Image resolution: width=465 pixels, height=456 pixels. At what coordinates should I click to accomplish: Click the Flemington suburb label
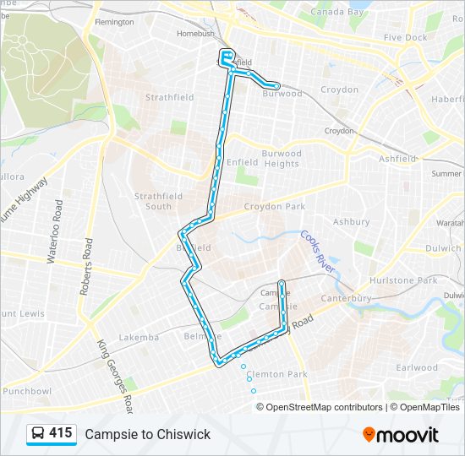[x=114, y=22]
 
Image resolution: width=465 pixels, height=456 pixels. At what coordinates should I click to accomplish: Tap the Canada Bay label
[x=336, y=13]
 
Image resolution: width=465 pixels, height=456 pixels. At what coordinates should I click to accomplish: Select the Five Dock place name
[x=405, y=38]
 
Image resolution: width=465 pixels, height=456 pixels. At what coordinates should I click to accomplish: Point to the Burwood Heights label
[x=281, y=159]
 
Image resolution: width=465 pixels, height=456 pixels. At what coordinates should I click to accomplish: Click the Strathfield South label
[x=158, y=201]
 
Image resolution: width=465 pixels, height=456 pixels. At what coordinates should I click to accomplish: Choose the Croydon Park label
[x=274, y=206]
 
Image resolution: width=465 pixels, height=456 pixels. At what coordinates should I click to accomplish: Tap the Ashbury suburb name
[x=351, y=222]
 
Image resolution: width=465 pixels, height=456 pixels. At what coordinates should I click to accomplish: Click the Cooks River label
[x=319, y=251]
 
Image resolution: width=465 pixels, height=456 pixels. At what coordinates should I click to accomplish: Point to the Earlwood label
[x=417, y=367]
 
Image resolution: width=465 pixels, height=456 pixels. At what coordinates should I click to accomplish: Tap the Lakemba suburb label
[x=139, y=338]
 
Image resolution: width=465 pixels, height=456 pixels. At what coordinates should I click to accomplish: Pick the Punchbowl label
[x=27, y=391]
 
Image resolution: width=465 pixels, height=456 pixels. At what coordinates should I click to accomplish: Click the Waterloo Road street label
[x=55, y=233]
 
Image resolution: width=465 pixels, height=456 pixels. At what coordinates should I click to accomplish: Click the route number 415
[x=61, y=433]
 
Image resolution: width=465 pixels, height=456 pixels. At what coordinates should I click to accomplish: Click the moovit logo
[x=401, y=435]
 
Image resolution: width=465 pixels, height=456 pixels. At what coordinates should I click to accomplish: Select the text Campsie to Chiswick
[x=147, y=434]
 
